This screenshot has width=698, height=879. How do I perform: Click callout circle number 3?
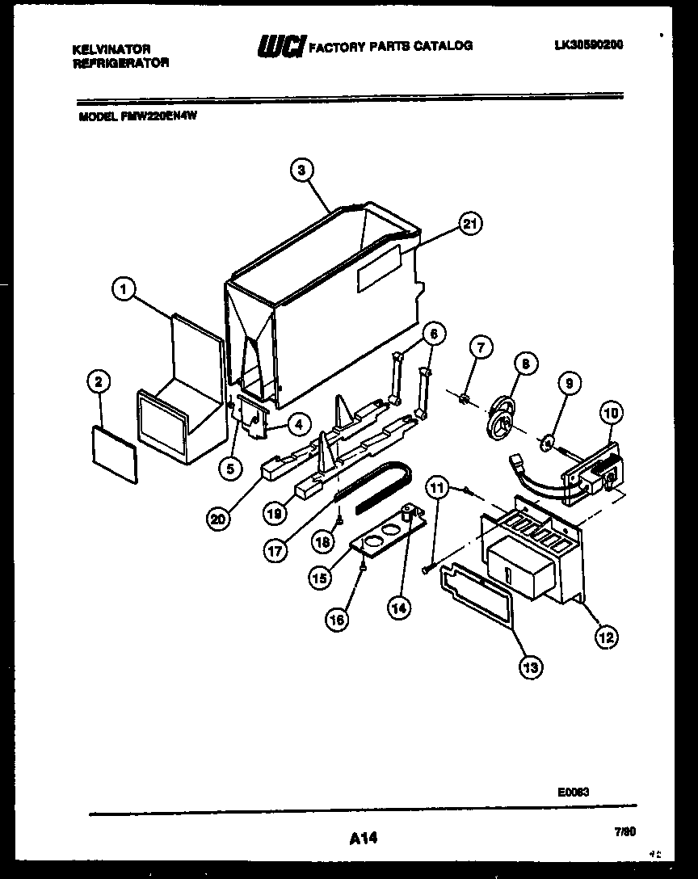[x=301, y=170]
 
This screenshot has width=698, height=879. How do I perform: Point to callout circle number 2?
[x=99, y=381]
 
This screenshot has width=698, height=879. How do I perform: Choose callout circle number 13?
[x=532, y=667]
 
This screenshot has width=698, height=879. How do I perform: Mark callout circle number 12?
[x=607, y=636]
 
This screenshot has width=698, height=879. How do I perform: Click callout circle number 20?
[x=217, y=519]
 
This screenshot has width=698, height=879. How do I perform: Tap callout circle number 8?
[x=524, y=364]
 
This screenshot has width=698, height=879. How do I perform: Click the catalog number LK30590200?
[x=588, y=45]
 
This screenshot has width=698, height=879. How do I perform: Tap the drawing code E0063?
[x=573, y=793]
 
